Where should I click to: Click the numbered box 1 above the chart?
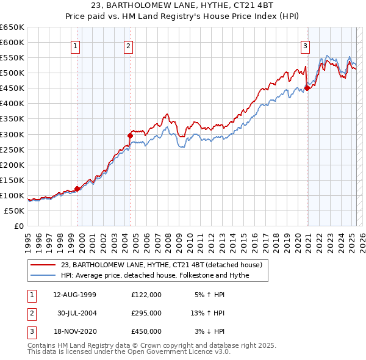pyautogui.click(x=76, y=46)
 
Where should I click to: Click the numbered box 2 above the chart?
pyautogui.click(x=129, y=46)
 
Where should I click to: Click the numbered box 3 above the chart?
pyautogui.click(x=304, y=46)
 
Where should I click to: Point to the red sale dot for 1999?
pyautogui.click(x=77, y=189)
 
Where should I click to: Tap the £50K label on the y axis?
pyautogui.click(x=15, y=211)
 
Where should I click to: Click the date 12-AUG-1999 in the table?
pyautogui.click(x=74, y=295)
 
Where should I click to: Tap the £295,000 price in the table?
pyautogui.click(x=146, y=313)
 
